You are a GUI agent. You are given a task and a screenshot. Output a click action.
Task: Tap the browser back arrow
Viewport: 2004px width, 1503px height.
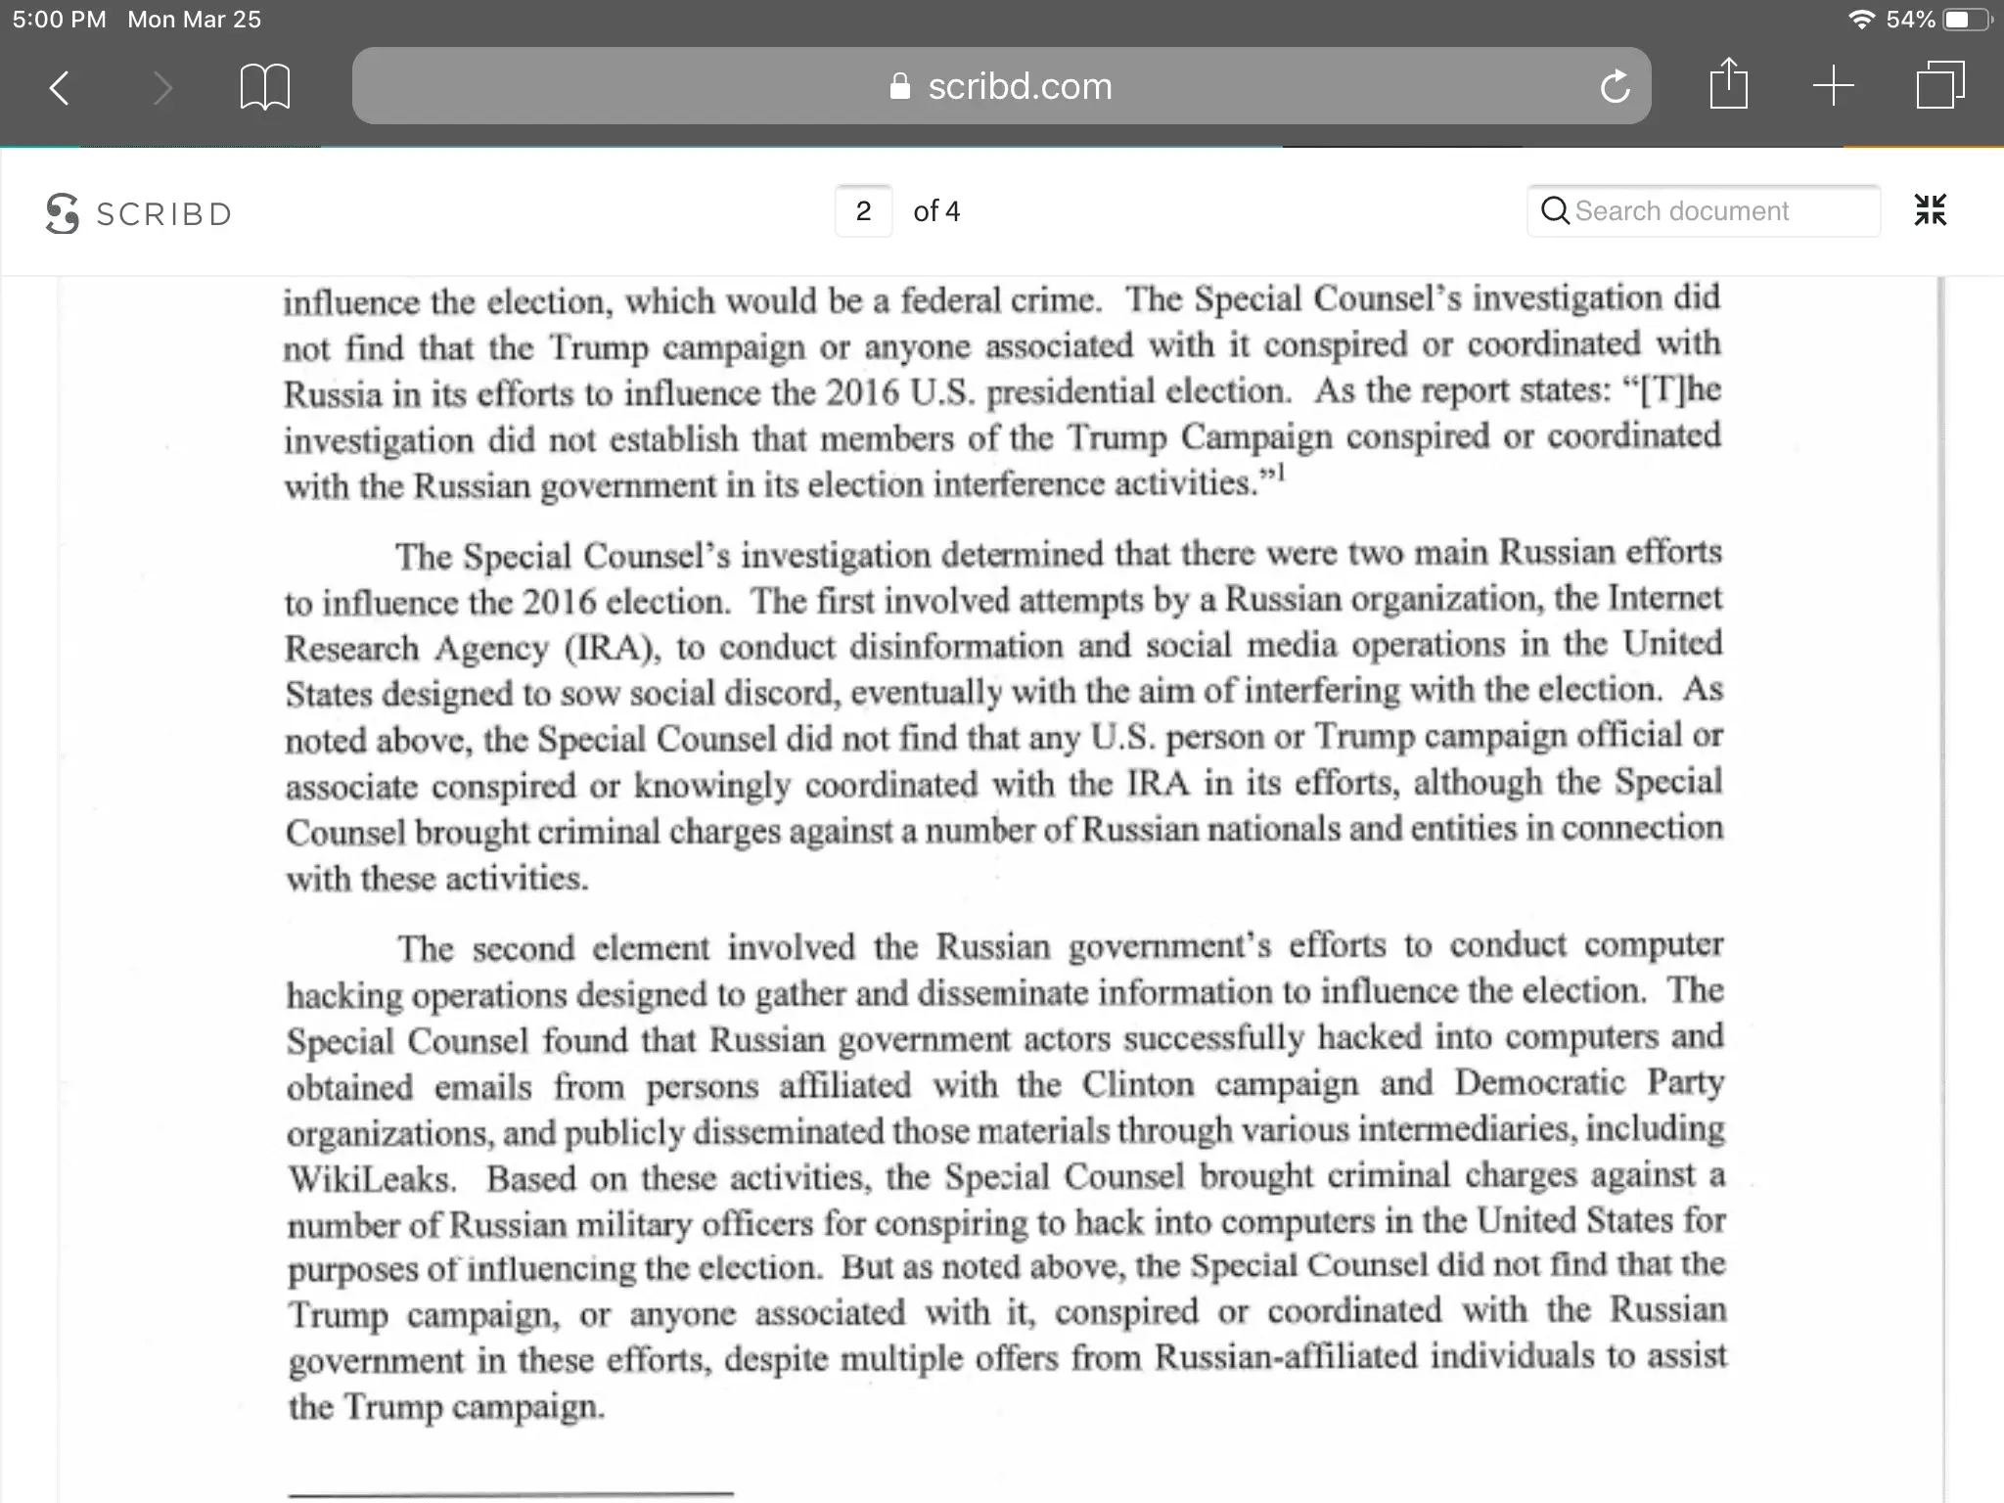point(60,87)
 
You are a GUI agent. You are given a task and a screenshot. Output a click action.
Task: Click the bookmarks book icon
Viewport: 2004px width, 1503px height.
point(264,87)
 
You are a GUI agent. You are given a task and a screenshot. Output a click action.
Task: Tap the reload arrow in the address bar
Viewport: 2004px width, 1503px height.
point(1616,87)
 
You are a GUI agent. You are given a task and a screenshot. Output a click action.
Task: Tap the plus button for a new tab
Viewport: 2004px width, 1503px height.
point(1833,86)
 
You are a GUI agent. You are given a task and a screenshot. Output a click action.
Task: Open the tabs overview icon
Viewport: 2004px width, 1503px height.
point(1939,85)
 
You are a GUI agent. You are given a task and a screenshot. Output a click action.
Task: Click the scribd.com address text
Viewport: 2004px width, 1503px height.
point(1020,87)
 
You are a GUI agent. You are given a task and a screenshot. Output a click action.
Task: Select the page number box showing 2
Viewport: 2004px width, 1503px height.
point(863,211)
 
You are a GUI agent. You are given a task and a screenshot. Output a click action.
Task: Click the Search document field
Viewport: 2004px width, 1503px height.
point(1703,211)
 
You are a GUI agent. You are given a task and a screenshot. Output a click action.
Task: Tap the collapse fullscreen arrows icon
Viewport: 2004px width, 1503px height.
point(1930,210)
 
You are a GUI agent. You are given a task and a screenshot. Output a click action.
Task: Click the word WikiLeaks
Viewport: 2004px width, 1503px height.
point(372,1178)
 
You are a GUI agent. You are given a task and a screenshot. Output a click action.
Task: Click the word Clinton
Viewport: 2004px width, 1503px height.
point(1138,1084)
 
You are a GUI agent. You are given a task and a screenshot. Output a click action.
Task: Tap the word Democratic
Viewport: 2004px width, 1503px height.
point(1539,1082)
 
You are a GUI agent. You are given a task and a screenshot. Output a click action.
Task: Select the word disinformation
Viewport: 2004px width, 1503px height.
point(956,646)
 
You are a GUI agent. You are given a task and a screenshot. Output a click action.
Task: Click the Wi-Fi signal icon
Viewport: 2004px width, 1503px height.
point(1861,20)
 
